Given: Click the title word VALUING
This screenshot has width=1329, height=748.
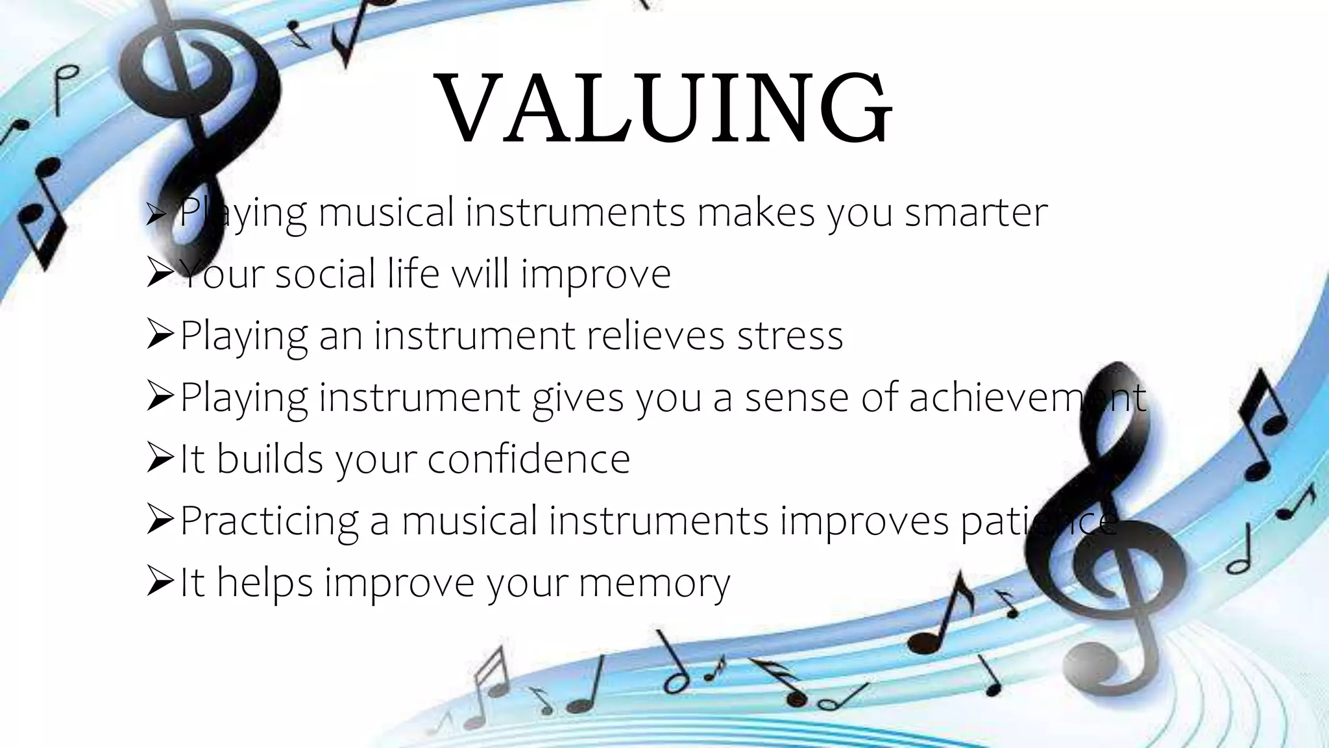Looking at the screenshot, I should point(666,109).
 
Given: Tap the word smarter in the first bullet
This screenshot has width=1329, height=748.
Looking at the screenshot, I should point(976,213).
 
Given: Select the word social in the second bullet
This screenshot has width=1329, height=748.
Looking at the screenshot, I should point(325,274).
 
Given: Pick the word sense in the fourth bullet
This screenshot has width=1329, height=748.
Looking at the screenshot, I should point(796,397).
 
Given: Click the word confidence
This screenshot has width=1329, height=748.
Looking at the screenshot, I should point(529,459).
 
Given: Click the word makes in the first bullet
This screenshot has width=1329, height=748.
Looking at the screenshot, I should point(755,213).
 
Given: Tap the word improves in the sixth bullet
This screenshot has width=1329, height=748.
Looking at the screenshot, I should point(864,521).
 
